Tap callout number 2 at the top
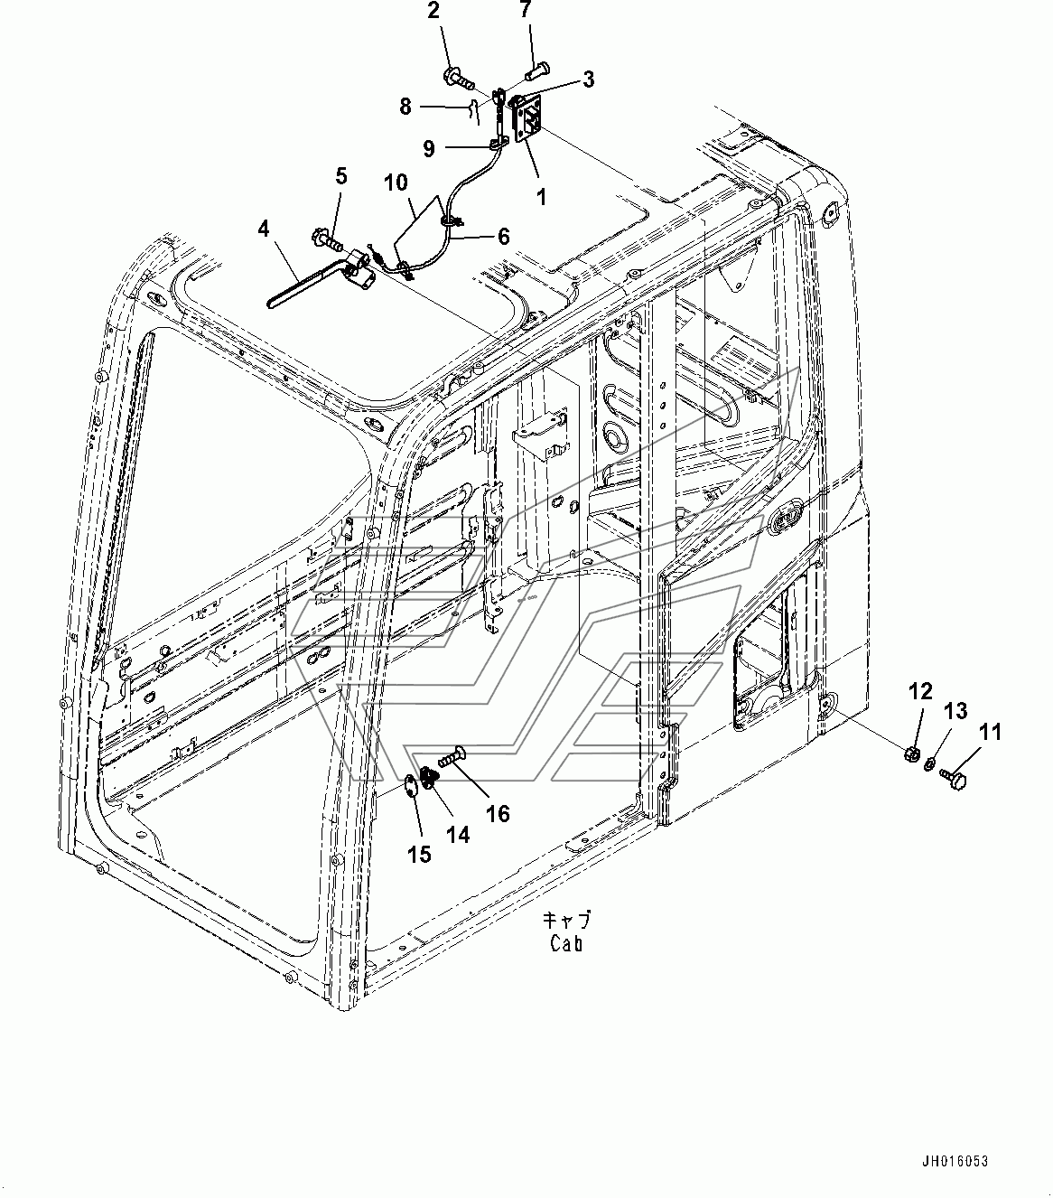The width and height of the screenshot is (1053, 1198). (x=433, y=10)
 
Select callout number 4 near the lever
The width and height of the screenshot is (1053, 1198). (x=264, y=229)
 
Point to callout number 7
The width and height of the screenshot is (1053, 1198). (x=525, y=9)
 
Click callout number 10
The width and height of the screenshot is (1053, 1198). (x=396, y=183)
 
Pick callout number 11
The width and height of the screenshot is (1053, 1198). (x=991, y=732)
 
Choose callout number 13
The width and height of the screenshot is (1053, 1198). (x=955, y=711)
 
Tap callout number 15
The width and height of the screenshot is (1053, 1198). (x=419, y=854)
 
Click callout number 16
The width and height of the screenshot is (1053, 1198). (x=498, y=814)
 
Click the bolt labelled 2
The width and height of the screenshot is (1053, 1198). (x=458, y=79)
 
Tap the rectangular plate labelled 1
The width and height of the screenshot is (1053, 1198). (x=529, y=120)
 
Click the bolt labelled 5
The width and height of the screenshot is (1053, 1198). (x=326, y=240)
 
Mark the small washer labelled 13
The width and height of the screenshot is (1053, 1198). (x=928, y=764)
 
